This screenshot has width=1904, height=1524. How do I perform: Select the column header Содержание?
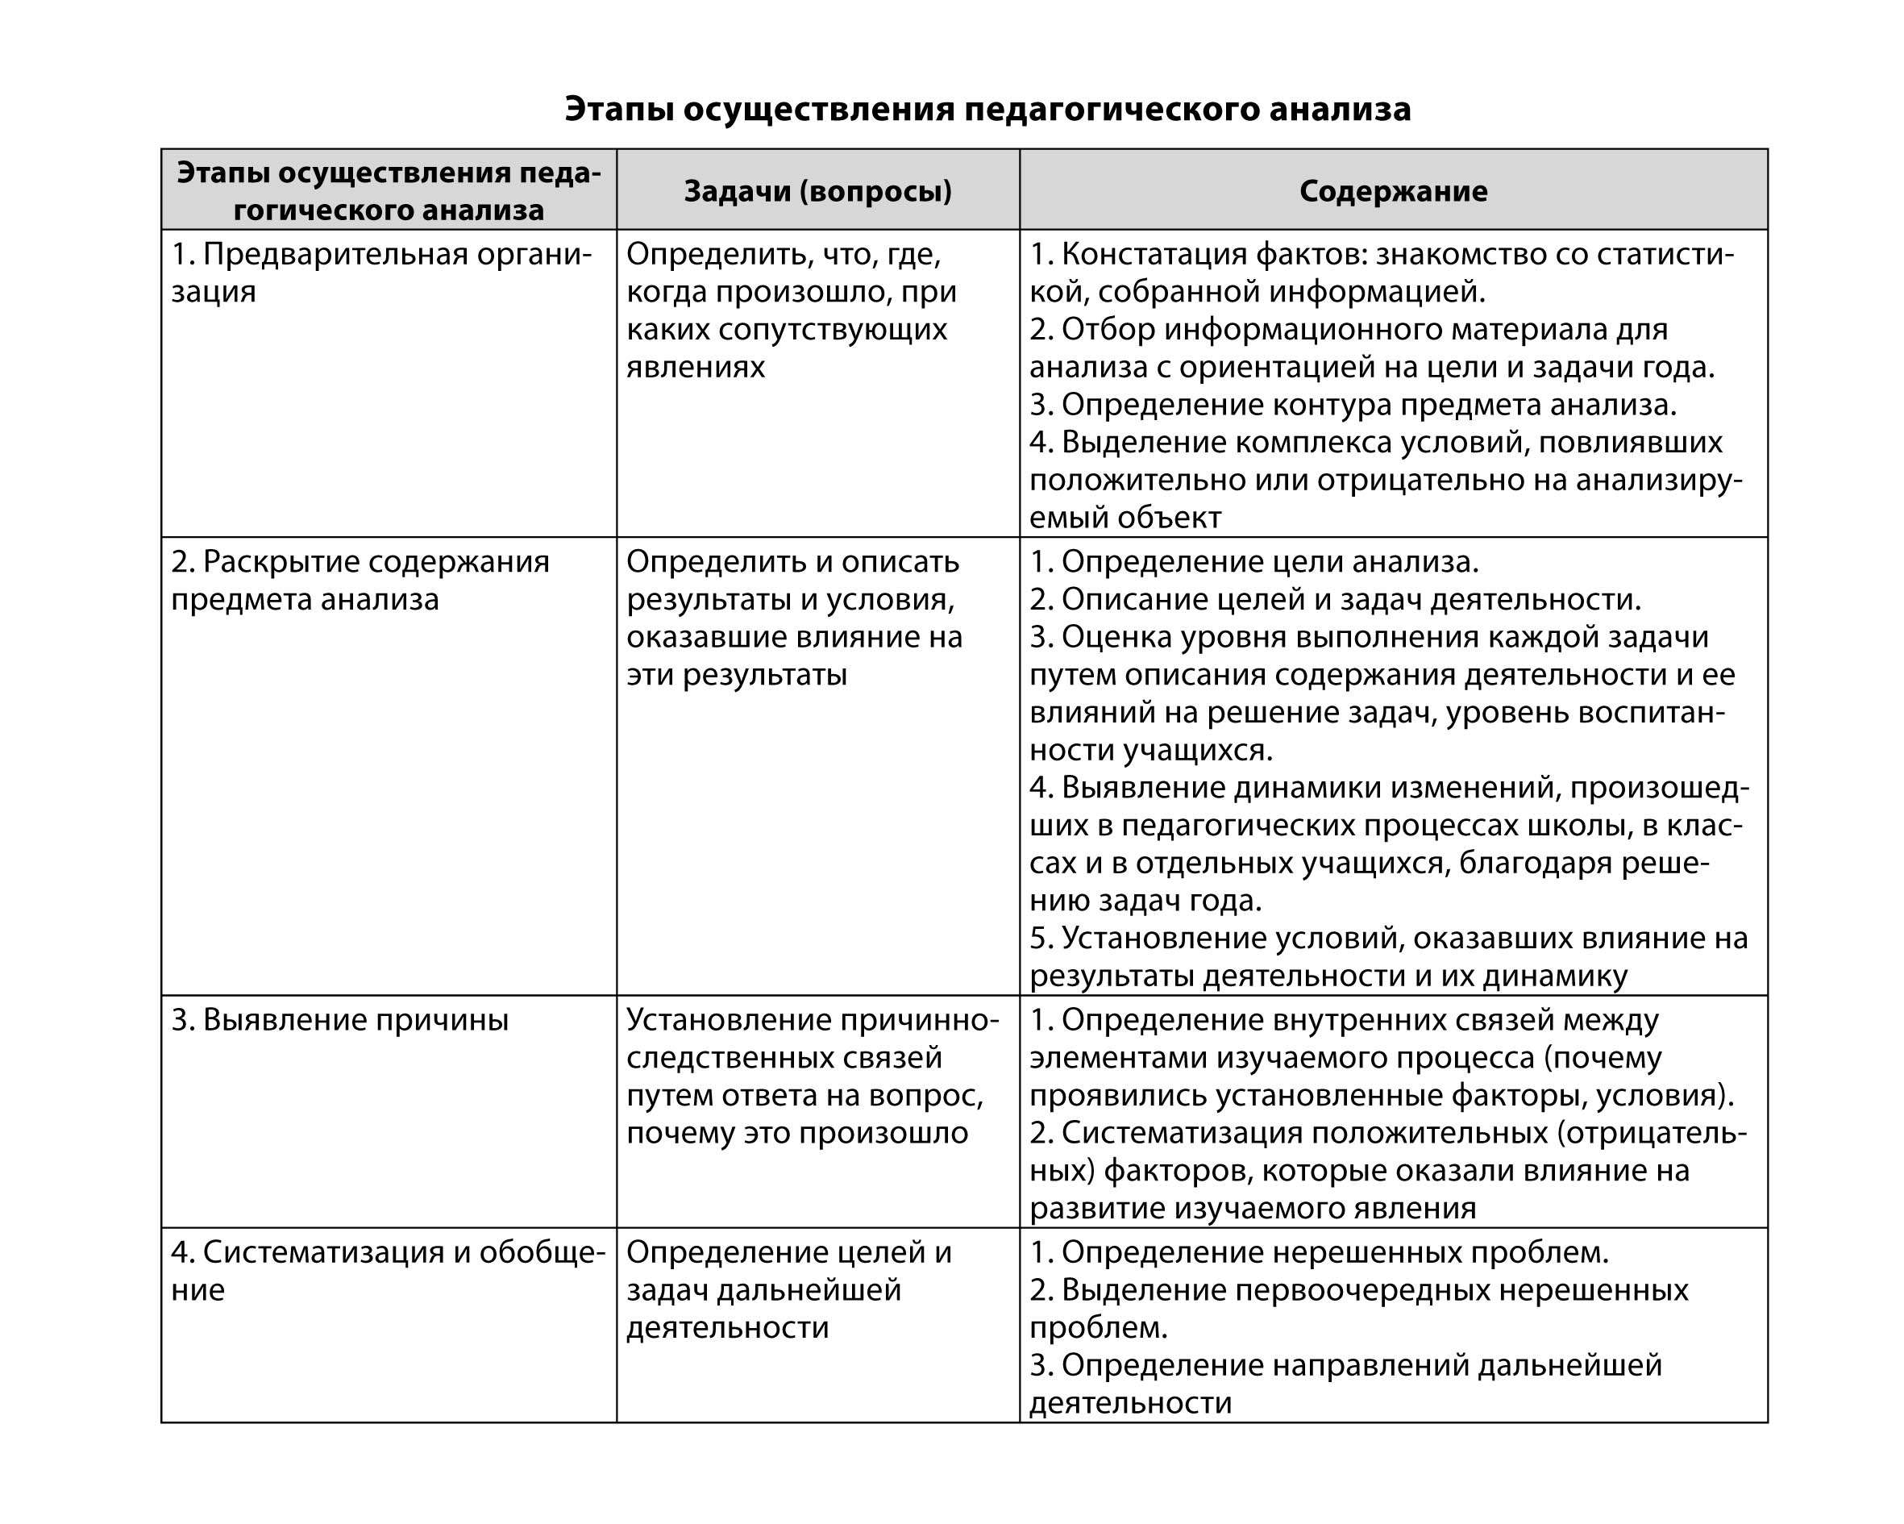[x=1393, y=191]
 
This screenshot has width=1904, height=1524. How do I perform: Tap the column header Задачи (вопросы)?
[x=817, y=191]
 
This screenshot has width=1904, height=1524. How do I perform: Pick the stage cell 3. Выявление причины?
[x=340, y=1019]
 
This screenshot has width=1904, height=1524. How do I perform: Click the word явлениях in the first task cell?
[x=696, y=366]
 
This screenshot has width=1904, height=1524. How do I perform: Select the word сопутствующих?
[x=833, y=329]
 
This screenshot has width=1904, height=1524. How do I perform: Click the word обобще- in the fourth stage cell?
[x=543, y=1252]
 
